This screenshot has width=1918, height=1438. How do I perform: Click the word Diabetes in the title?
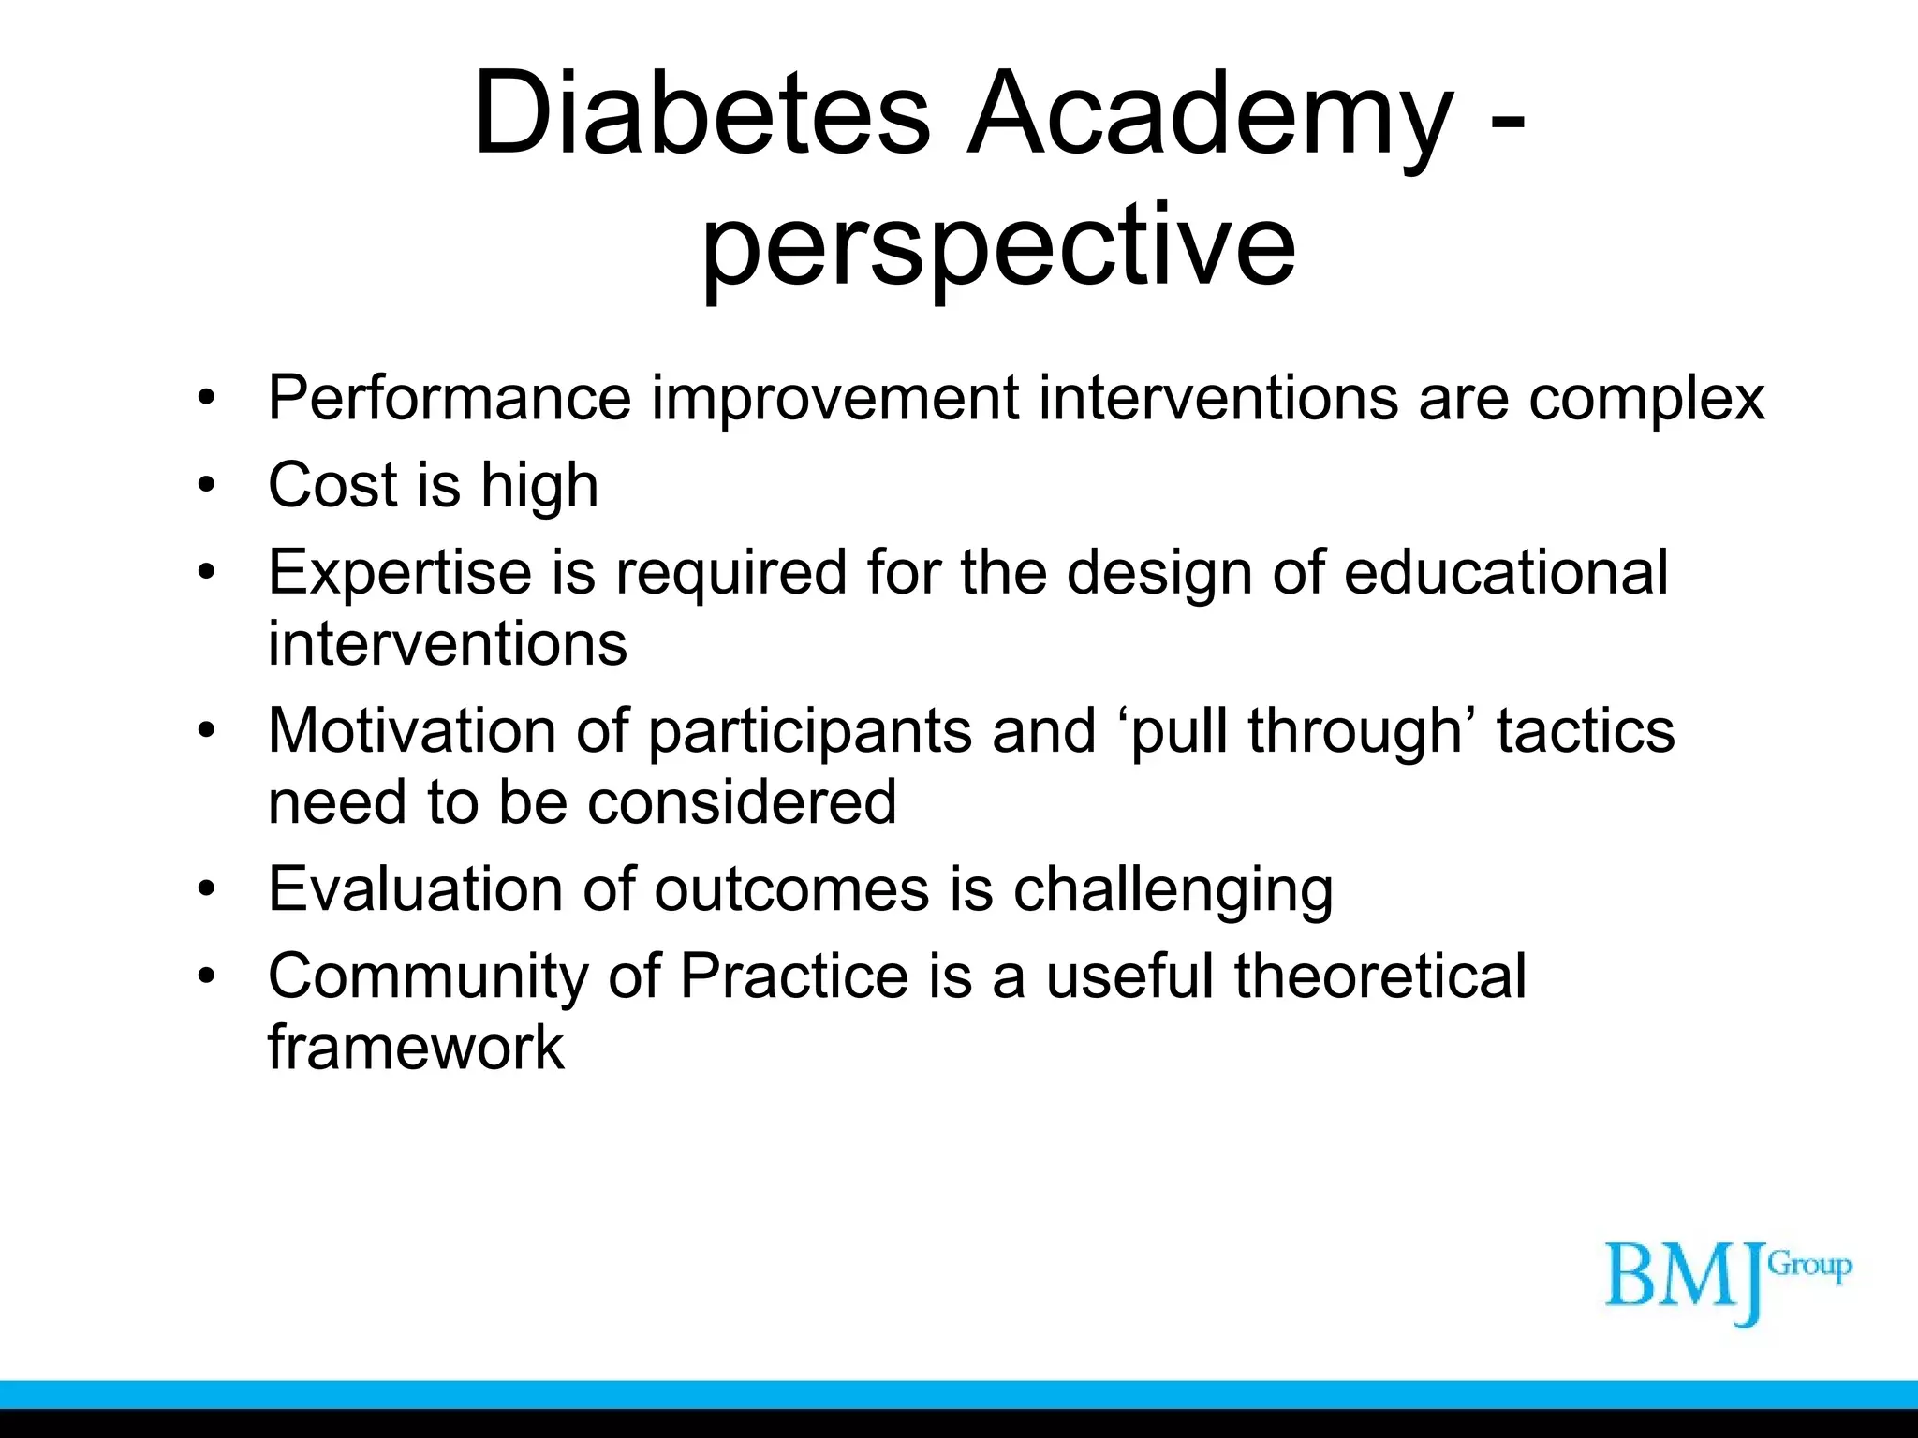[702, 114]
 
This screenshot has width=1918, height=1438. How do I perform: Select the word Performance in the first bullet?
[450, 399]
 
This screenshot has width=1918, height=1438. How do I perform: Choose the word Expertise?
[400, 573]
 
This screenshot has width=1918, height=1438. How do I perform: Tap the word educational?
[1506, 571]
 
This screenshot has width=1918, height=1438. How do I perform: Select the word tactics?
[1585, 730]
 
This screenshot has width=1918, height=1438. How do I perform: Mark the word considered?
[742, 802]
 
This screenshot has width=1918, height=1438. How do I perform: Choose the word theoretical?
[1379, 976]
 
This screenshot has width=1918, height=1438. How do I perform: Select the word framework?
[416, 1047]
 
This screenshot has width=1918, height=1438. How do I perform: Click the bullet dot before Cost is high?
[207, 486]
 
